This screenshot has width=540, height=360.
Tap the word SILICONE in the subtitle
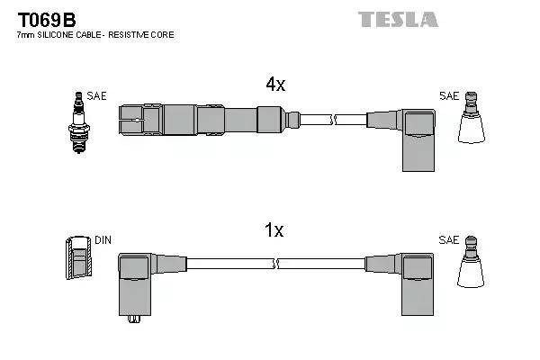(61, 35)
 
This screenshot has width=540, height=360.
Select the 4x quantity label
(274, 85)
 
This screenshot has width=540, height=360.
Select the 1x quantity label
(274, 230)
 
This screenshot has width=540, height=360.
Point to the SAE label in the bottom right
(448, 241)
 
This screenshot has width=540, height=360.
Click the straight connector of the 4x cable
(207, 119)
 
